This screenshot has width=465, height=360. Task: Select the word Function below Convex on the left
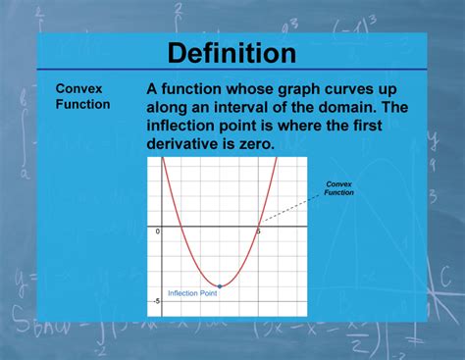pos(82,103)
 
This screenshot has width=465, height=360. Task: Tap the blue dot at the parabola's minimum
pos(220,285)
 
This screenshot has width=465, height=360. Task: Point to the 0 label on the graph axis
pos(157,230)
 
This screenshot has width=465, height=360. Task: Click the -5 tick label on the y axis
pos(156,300)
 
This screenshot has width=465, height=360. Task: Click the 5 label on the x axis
pos(257,230)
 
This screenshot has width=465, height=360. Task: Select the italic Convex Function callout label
pos(340,188)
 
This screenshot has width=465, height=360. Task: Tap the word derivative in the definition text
pos(191,144)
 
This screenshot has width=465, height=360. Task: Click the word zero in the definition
pos(254,144)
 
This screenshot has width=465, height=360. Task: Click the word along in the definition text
pos(170,107)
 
